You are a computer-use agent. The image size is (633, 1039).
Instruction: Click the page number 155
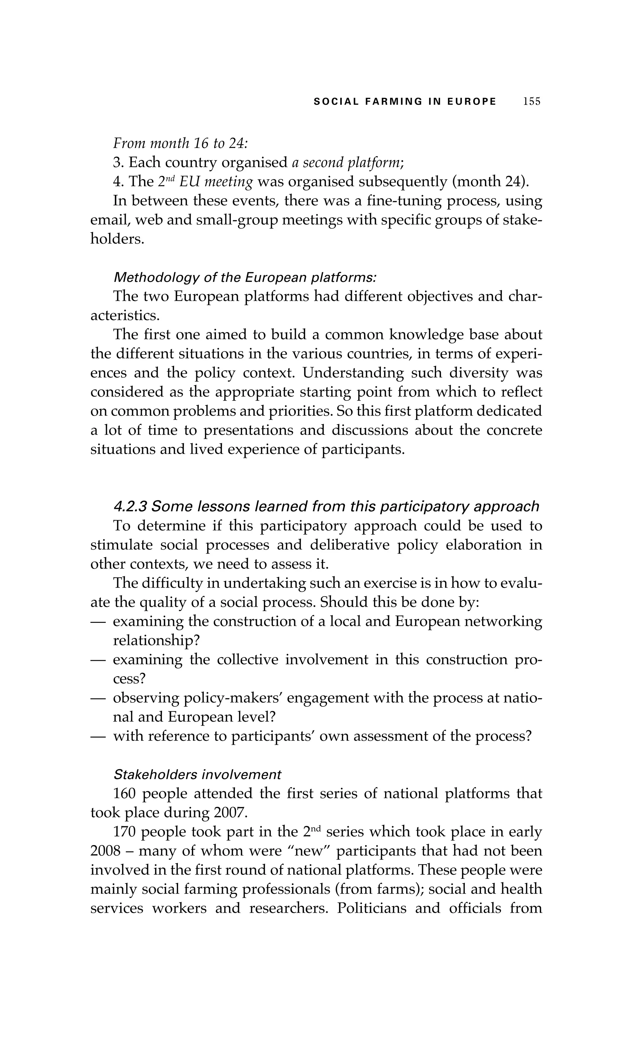click(x=531, y=102)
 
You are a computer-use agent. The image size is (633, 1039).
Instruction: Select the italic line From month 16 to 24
click(x=180, y=143)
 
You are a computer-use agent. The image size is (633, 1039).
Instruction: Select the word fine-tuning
click(x=403, y=200)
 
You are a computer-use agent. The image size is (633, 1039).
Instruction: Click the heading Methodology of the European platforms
click(x=245, y=278)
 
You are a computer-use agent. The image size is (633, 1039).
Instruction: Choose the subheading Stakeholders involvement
click(x=197, y=775)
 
